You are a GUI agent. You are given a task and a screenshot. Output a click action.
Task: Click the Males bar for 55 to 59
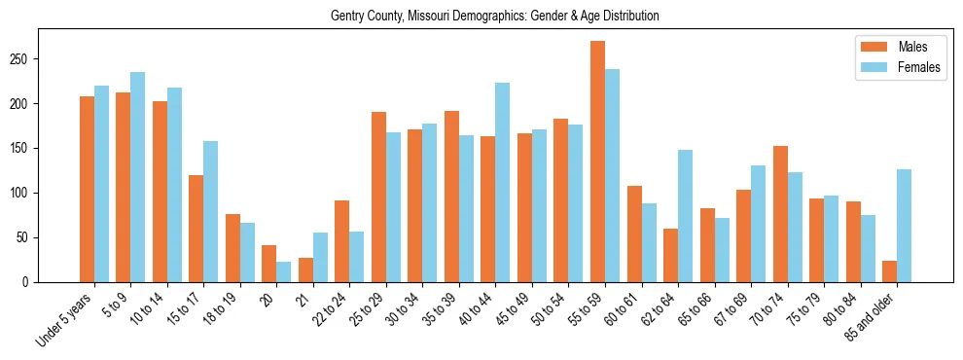click(x=597, y=162)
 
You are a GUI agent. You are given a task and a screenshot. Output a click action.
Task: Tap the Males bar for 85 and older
click(x=889, y=271)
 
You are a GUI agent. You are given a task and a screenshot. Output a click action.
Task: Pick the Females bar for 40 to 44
click(x=502, y=183)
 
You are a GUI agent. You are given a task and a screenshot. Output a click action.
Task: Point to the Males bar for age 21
click(x=305, y=270)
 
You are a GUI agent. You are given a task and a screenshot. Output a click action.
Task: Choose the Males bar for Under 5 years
click(x=87, y=190)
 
